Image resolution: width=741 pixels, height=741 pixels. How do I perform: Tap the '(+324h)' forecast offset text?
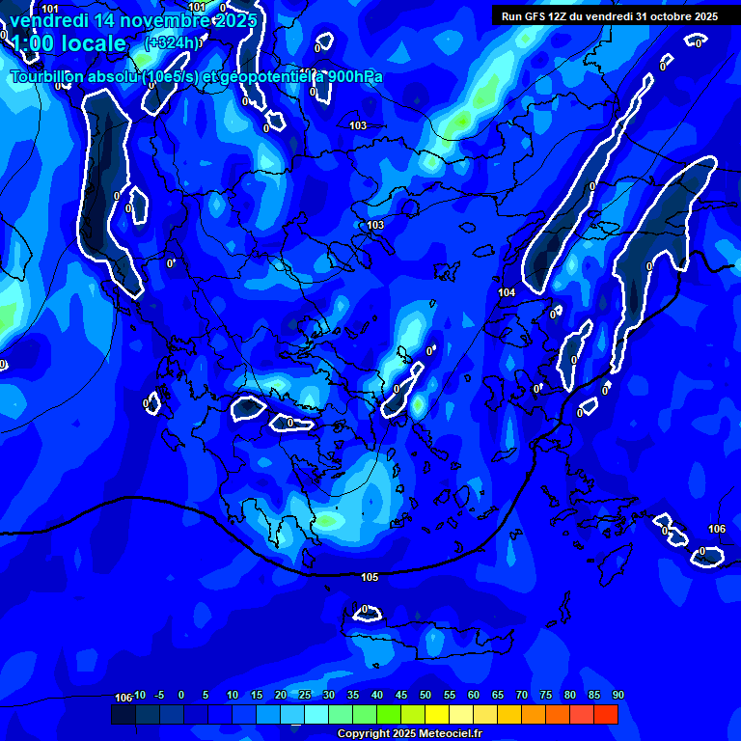coord(173,42)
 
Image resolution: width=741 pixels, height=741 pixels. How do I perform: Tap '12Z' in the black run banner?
coord(564,16)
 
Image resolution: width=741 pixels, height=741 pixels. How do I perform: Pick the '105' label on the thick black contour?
coord(370,577)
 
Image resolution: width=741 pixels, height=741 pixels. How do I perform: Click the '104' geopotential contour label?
coord(507,291)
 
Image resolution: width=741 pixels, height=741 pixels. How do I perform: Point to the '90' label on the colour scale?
coord(617,695)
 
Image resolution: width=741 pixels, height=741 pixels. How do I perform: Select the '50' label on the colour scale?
coord(425,695)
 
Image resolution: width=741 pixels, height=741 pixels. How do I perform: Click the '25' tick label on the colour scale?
coord(305,695)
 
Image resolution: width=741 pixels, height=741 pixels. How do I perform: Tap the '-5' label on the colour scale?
coord(159,695)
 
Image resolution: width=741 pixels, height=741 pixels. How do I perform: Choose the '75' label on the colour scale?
coord(546,695)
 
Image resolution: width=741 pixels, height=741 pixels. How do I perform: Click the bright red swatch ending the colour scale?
coord(606,714)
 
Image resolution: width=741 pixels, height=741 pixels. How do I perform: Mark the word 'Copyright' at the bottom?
coord(364,733)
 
